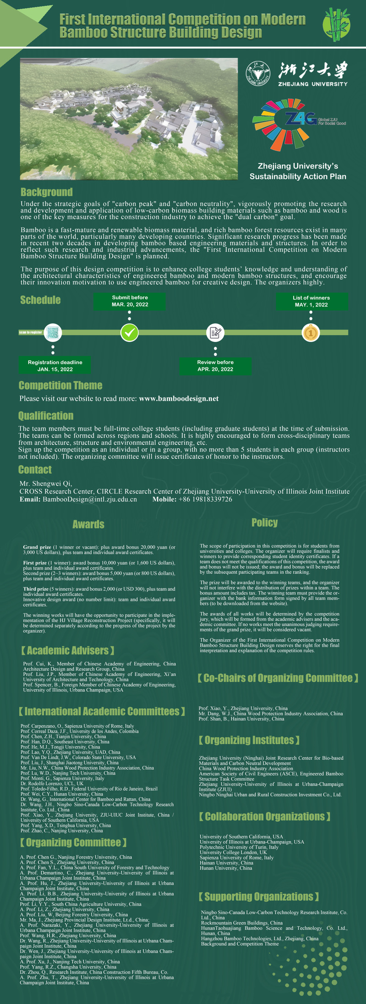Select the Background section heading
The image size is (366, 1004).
(x=46, y=192)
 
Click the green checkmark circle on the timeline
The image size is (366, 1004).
(x=129, y=332)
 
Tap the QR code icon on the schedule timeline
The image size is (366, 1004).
(x=53, y=332)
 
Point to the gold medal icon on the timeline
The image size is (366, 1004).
(x=311, y=332)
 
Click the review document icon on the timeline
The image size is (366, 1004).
(x=215, y=332)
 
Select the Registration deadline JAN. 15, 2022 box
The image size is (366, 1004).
(x=55, y=366)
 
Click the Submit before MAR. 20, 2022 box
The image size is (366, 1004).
(x=130, y=301)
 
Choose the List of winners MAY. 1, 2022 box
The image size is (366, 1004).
(x=311, y=301)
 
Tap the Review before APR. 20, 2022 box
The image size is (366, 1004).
(x=215, y=366)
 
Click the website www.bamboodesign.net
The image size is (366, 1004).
(x=179, y=399)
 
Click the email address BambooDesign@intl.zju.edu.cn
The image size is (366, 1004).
(x=90, y=499)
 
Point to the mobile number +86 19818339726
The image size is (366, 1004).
(x=205, y=499)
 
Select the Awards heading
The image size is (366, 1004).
(x=88, y=524)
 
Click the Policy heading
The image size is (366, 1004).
(x=264, y=522)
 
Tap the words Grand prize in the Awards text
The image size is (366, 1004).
(x=37, y=547)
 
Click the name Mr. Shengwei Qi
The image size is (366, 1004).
(x=46, y=483)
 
